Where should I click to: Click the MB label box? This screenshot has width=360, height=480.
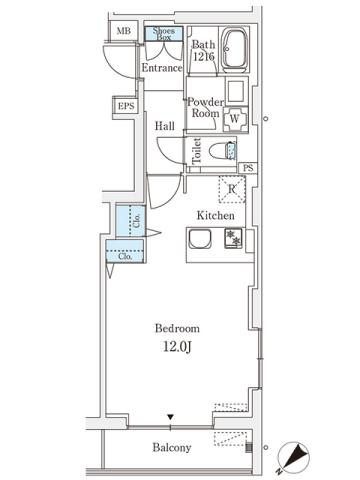point(123,32)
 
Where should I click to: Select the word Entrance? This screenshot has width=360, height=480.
point(161,68)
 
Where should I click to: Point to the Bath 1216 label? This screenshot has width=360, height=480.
point(203,51)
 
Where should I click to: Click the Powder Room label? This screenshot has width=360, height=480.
point(204,107)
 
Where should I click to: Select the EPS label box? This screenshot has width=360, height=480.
point(126,107)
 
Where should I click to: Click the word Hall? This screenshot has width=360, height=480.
point(165,127)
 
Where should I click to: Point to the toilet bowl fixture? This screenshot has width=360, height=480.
point(228,151)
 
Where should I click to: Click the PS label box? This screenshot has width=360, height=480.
point(246,168)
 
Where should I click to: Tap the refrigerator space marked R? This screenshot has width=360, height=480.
point(231,189)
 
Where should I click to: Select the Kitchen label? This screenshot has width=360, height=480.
point(215,215)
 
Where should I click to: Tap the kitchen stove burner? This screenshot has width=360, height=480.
point(232,238)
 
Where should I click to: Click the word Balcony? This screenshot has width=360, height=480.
point(171,447)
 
